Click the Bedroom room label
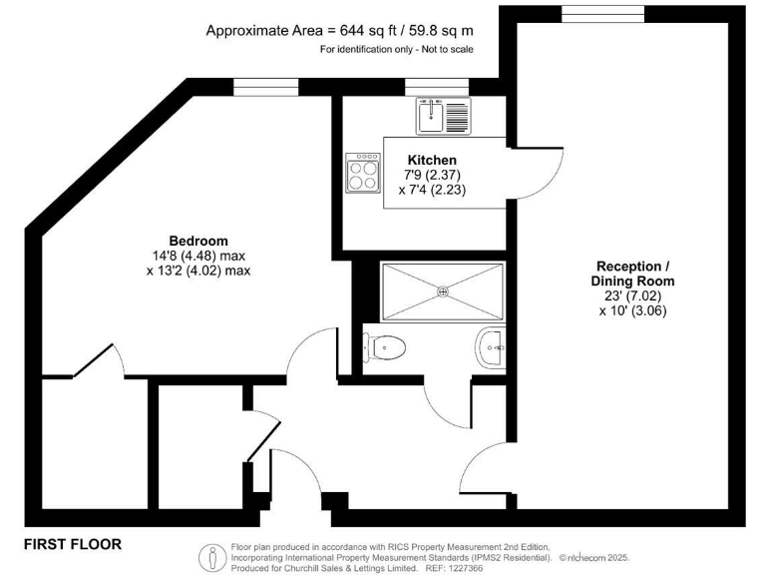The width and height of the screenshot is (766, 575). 197,241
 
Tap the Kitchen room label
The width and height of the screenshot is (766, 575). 432,160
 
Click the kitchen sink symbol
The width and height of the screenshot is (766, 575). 444,115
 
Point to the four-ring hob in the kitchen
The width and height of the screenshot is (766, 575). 364,177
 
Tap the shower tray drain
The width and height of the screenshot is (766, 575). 443,290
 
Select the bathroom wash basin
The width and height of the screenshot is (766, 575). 491,349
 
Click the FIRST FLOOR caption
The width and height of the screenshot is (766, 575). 73,544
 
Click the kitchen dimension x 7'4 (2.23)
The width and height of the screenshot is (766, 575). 432,189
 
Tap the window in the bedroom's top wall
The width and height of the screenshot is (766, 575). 265,87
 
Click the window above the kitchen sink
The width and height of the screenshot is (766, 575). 437,87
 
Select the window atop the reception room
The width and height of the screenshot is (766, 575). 588,12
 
